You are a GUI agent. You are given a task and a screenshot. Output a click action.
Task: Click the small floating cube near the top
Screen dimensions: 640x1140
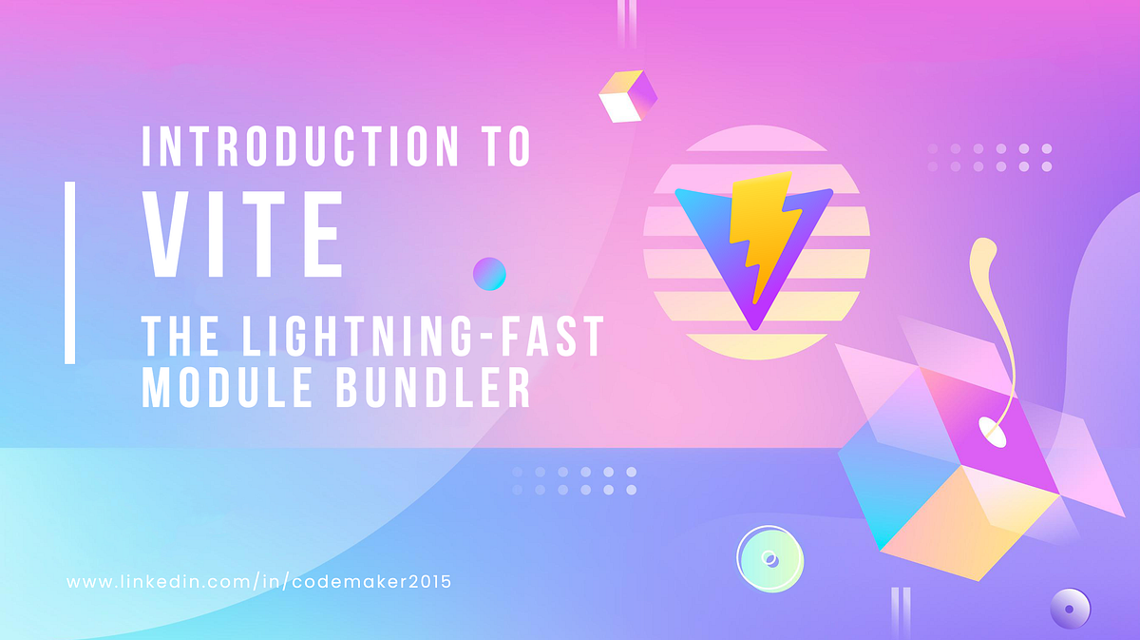tap(628, 95)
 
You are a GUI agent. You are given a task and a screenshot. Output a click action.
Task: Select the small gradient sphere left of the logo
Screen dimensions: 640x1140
tap(489, 274)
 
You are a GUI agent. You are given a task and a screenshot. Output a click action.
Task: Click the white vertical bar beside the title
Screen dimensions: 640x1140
tap(69, 272)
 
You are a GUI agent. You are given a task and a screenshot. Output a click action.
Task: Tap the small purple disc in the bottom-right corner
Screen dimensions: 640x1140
tap(1070, 606)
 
